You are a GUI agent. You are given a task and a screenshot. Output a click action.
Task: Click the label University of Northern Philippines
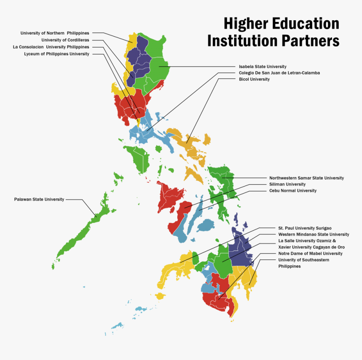pyautogui.click(x=55, y=33)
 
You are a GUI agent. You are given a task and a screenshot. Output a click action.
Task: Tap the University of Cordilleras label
pyautogui.click(x=65, y=40)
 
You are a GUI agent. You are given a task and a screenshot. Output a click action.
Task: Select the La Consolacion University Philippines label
pyautogui.click(x=51, y=47)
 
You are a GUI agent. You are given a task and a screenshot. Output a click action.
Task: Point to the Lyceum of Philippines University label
pyautogui.click(x=56, y=54)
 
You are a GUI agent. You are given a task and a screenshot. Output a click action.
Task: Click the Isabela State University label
pyautogui.click(x=263, y=67)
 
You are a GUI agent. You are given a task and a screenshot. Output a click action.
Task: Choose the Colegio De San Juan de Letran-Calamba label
pyautogui.click(x=279, y=73)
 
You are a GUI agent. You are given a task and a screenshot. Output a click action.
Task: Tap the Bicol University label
pyautogui.click(x=254, y=79)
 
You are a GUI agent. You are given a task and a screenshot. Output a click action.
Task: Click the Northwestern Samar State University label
pyautogui.click(x=306, y=178)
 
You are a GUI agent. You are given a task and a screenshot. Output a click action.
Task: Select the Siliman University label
pyautogui.click(x=287, y=184)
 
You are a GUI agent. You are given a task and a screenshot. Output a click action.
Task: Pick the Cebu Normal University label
pyautogui.click(x=293, y=191)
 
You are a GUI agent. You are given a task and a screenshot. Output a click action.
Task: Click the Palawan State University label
pyautogui.click(x=39, y=199)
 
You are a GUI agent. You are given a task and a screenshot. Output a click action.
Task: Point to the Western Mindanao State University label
pyautogui.click(x=314, y=235)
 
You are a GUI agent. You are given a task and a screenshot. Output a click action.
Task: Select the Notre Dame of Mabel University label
pyautogui.click(x=310, y=253)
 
